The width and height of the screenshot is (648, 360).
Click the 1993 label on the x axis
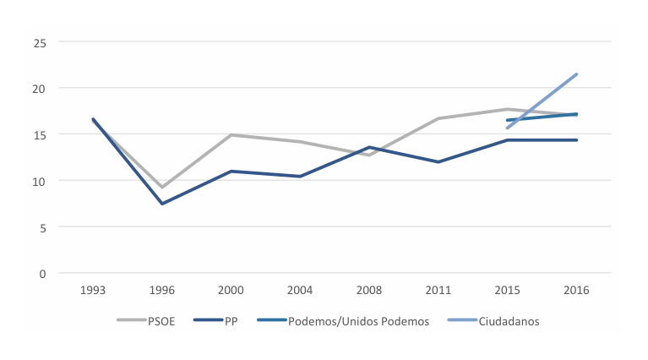(93, 290)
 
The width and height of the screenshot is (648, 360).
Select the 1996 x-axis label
(162, 290)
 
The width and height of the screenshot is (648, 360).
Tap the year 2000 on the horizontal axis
(231, 290)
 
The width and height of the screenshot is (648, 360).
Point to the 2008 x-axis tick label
(369, 290)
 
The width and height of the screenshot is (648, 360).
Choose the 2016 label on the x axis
(576, 290)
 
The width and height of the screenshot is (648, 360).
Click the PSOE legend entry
(157, 321)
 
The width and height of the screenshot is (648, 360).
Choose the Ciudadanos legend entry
(505, 321)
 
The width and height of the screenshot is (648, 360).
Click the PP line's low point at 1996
(162, 204)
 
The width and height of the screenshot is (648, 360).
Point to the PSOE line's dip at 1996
(162, 187)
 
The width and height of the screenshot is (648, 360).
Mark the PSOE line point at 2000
(231, 135)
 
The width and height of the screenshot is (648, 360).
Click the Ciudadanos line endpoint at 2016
(576, 74)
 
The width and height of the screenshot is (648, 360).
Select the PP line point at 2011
(438, 161)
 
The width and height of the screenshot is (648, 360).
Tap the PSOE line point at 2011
(438, 118)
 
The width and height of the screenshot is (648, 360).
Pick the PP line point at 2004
(300, 177)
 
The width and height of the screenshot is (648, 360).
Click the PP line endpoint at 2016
(576, 140)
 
